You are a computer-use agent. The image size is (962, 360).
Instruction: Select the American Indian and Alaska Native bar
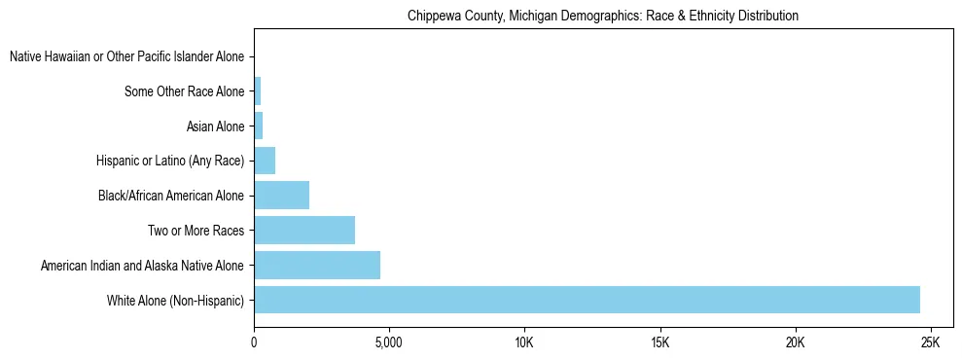tap(317, 265)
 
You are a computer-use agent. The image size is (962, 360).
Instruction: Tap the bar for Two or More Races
tap(304, 231)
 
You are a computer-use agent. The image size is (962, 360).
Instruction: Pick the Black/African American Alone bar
tap(281, 196)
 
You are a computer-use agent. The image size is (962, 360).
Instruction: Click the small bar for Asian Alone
tap(259, 126)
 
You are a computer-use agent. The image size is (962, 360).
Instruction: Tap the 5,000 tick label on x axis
tap(389, 343)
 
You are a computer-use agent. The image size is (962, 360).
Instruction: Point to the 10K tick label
tap(524, 343)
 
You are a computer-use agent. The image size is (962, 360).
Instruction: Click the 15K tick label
tap(659, 343)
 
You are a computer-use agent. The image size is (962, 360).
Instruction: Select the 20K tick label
tap(795, 343)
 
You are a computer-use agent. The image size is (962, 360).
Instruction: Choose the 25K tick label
tap(930, 343)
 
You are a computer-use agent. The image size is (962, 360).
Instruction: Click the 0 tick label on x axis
tap(254, 343)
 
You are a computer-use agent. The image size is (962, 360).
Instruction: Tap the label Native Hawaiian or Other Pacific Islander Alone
tap(126, 57)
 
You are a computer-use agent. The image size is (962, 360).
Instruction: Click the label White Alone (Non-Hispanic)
tap(176, 301)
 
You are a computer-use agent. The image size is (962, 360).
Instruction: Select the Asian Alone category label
tap(215, 126)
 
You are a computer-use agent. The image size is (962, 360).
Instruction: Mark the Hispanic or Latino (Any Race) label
tap(170, 162)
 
